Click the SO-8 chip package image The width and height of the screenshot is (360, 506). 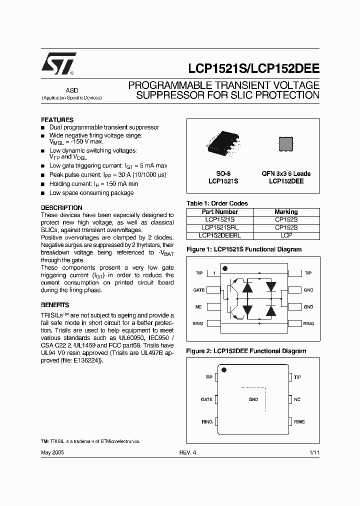point(223,143)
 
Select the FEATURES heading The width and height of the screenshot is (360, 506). point(57,120)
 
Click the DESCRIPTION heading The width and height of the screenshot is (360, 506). point(61,207)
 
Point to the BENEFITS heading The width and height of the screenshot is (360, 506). point(55,305)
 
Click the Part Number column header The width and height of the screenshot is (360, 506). point(220,212)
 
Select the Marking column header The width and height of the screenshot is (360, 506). point(286,212)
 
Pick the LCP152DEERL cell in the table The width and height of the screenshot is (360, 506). point(220,235)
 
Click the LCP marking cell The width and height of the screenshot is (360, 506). point(286,235)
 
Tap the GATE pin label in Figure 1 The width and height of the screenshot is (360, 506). point(198,290)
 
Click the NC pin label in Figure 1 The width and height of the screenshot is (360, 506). point(198,307)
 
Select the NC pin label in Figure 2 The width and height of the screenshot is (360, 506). point(297,399)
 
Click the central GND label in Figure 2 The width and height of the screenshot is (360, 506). point(253,399)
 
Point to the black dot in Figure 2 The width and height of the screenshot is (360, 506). point(224,370)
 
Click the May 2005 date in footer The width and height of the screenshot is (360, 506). point(52,451)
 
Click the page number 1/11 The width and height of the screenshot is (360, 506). point(314,451)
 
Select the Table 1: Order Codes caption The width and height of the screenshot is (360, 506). point(217,203)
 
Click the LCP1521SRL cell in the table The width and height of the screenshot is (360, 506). point(220,227)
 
